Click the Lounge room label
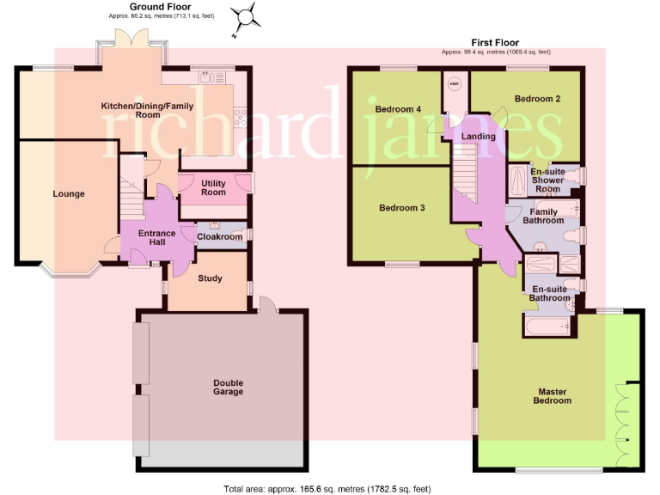[69, 193]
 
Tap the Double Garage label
[229, 387]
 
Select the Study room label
[210, 278]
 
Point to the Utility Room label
[213, 188]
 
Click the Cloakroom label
[220, 236]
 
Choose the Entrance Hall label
[157, 238]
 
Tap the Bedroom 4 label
[399, 109]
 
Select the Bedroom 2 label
[537, 99]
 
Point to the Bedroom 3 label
[403, 208]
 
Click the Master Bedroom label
[548, 396]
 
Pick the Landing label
[478, 137]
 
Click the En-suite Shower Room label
[547, 180]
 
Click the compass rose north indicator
[247, 17]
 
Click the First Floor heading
[496, 42]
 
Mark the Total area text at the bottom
[329, 488]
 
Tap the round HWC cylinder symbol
[455, 83]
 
